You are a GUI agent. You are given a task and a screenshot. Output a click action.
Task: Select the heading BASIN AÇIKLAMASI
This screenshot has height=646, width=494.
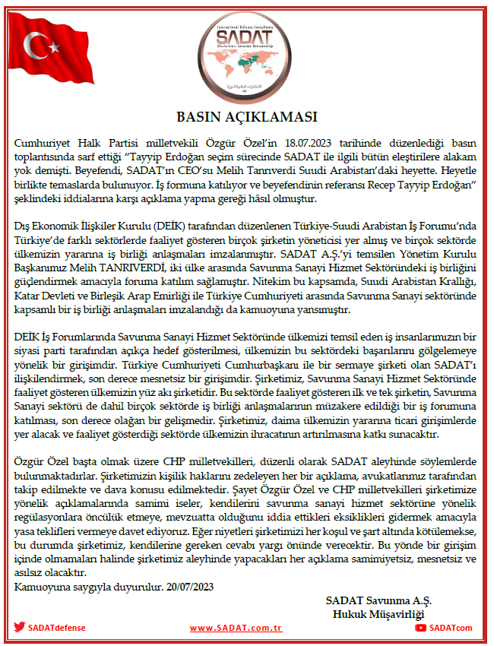(247, 118)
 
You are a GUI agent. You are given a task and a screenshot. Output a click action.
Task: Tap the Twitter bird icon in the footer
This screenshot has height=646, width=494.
(20, 627)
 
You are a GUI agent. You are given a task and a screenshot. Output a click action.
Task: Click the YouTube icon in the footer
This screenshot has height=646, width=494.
(420, 627)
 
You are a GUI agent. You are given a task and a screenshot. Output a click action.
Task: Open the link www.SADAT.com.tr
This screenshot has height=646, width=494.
(236, 628)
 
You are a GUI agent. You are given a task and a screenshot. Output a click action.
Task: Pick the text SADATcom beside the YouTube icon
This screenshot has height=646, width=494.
(451, 628)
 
